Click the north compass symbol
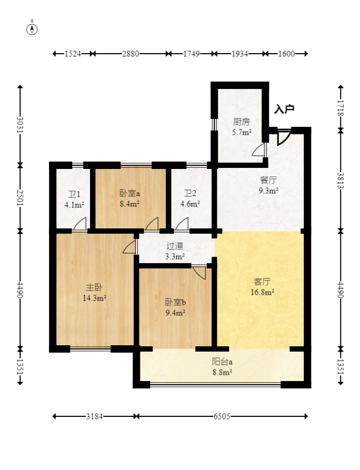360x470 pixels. point(32,29)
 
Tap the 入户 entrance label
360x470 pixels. point(284,109)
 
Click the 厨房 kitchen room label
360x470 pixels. point(241,122)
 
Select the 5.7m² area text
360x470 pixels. point(242,132)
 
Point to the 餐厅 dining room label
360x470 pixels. point(268,180)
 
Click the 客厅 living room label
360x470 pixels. point(262,282)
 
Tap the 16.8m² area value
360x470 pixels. point(262,292)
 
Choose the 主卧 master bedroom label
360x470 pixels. point(94,287)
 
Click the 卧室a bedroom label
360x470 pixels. point(129,193)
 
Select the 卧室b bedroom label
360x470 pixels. point(175,302)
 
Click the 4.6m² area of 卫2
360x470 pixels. point(190,204)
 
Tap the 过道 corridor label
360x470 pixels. point(175,246)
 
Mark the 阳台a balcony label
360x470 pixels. point(222,362)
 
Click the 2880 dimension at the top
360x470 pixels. point(131,54)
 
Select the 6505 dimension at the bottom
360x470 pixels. point(222,416)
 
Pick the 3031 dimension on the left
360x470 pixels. point(20,125)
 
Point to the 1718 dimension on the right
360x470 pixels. point(341,108)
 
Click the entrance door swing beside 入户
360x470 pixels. point(284,138)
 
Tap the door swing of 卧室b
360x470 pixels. point(199,272)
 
